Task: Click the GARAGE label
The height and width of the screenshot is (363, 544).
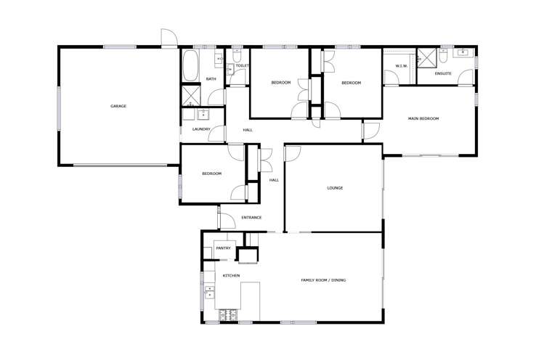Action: (118, 106)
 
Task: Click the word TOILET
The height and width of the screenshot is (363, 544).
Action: (243, 66)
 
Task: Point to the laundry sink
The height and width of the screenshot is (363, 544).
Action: (203, 113)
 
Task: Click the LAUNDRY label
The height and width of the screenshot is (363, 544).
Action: (201, 129)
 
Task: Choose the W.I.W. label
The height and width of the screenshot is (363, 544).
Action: (402, 66)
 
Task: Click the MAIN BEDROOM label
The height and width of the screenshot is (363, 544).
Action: (423, 118)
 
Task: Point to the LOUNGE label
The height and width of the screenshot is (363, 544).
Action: (335, 188)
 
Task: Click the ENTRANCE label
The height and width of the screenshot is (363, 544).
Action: (251, 217)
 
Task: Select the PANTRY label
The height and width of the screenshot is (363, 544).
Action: (223, 248)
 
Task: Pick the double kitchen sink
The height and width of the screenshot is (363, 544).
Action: (210, 293)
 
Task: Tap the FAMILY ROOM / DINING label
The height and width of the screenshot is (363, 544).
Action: (324, 280)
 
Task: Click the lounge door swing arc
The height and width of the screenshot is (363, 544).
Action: (291, 152)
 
